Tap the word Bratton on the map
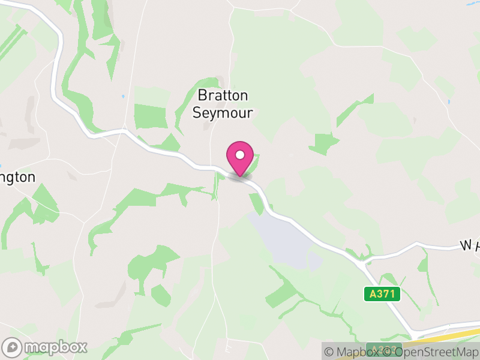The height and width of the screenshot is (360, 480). click(x=223, y=96)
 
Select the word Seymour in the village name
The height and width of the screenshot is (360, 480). click(x=223, y=113)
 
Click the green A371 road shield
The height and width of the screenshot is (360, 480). click(x=382, y=294)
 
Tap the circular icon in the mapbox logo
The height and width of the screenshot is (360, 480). click(x=12, y=347)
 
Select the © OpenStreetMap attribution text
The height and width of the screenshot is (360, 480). click(x=436, y=352)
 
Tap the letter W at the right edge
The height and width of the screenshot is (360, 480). click(x=466, y=245)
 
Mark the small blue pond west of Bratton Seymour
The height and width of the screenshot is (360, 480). click(x=123, y=96)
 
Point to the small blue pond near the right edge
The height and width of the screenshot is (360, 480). click(x=449, y=102)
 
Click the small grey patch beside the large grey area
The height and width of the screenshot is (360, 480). click(x=314, y=261)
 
